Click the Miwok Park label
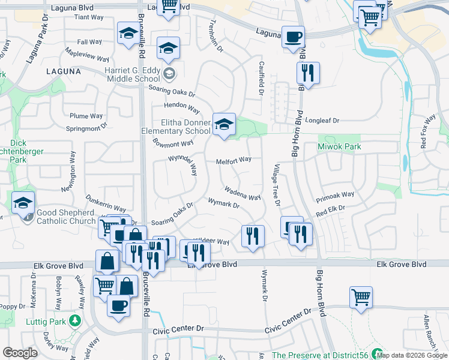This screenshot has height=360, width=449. click(344, 146)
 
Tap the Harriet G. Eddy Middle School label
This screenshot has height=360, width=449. click(132, 74)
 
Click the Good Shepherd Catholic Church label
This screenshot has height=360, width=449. click(66, 217)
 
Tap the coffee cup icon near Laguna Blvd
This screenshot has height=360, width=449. click(293, 37)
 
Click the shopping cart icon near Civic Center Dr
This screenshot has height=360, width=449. click(361, 298)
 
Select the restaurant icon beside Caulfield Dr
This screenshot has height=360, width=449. click(308, 73)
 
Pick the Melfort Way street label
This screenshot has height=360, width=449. click(234, 160)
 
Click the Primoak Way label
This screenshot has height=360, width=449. click(335, 194)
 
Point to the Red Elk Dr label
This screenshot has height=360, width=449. click(331, 209)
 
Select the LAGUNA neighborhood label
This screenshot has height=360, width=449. click(63, 71)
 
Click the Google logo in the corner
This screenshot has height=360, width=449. click(20, 353)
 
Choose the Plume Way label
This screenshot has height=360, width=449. click(86, 116)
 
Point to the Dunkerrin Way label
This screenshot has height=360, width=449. click(106, 204)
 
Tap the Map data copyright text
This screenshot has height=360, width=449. click(412, 355)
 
